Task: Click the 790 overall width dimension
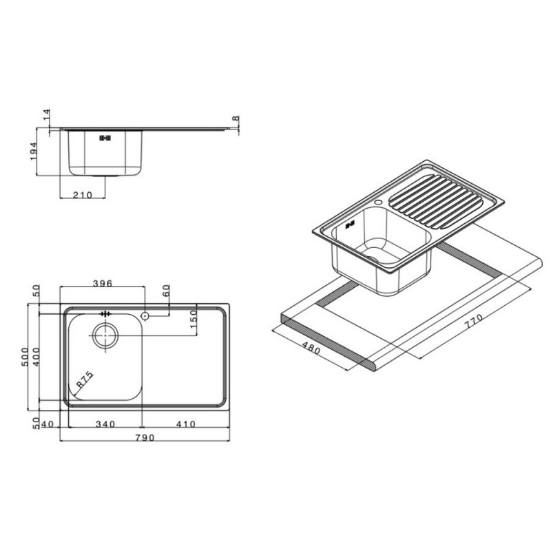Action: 145,437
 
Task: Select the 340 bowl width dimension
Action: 105,424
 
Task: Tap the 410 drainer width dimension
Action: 186,424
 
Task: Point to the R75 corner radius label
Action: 85,380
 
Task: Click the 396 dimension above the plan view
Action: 102,283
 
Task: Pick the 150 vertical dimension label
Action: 193,319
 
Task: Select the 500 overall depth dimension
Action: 25,357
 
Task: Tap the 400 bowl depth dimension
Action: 37,357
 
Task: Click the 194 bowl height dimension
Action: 33,152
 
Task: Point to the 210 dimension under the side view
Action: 83,195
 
